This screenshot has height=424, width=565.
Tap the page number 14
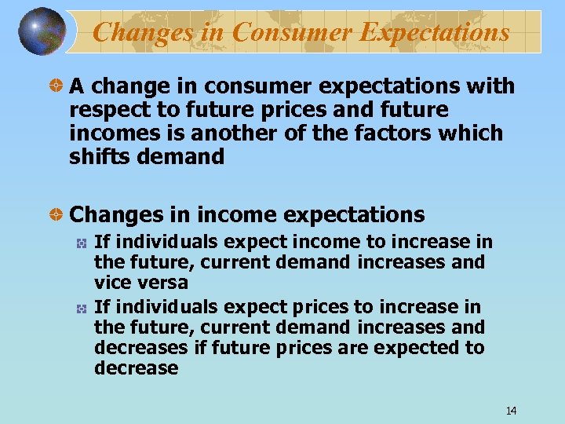pyautogui.click(x=512, y=410)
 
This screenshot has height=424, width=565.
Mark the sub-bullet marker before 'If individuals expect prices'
pyautogui.click(x=81, y=308)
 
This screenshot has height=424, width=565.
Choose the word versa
pyautogui.click(x=161, y=283)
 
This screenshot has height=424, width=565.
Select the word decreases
pyautogui.click(x=141, y=348)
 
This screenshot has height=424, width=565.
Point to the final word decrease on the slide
pyautogui.click(x=136, y=368)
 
